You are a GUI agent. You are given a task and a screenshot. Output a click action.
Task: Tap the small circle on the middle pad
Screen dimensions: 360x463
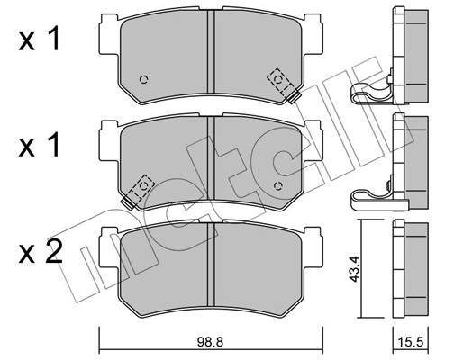pos(277,185)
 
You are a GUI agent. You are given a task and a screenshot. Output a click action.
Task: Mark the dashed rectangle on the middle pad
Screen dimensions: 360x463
pos(140,188)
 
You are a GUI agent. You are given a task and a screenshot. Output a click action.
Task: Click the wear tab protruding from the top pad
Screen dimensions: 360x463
pos(291,94)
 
